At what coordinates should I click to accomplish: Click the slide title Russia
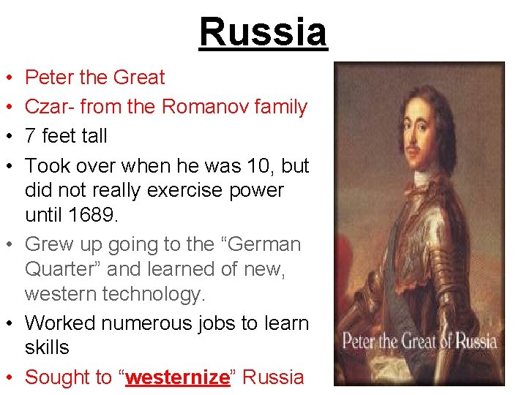pyautogui.click(x=263, y=32)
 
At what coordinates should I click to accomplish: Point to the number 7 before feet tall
pyautogui.click(x=31, y=136)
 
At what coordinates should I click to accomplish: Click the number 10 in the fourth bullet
pyautogui.click(x=260, y=166)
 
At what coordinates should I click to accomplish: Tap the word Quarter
pyautogui.click(x=63, y=269)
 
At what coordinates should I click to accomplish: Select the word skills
pyautogui.click(x=47, y=347)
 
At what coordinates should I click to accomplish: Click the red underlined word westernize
pyautogui.click(x=178, y=377)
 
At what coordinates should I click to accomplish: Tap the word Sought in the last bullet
pyautogui.click(x=58, y=377)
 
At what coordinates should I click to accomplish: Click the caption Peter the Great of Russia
pyautogui.click(x=419, y=342)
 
